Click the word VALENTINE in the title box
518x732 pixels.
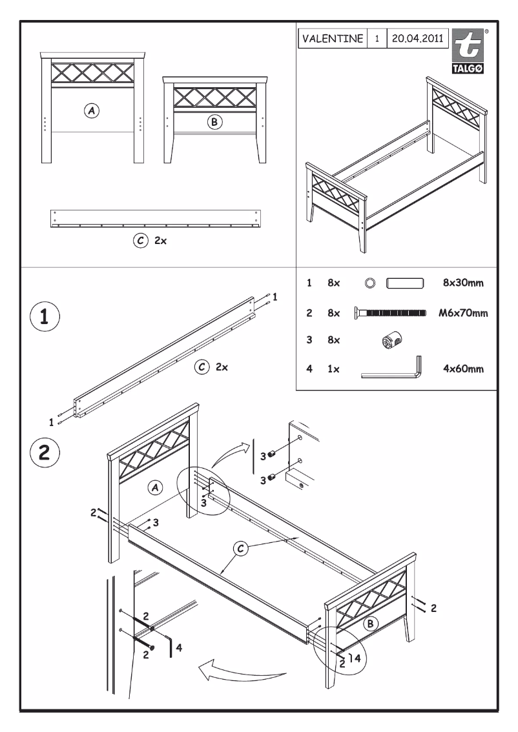point(333,38)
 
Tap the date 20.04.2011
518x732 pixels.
point(415,38)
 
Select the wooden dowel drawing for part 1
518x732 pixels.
point(404,282)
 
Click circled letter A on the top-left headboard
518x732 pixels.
point(93,110)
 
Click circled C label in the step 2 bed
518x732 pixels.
point(241,548)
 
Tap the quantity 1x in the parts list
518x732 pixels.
point(333,370)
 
